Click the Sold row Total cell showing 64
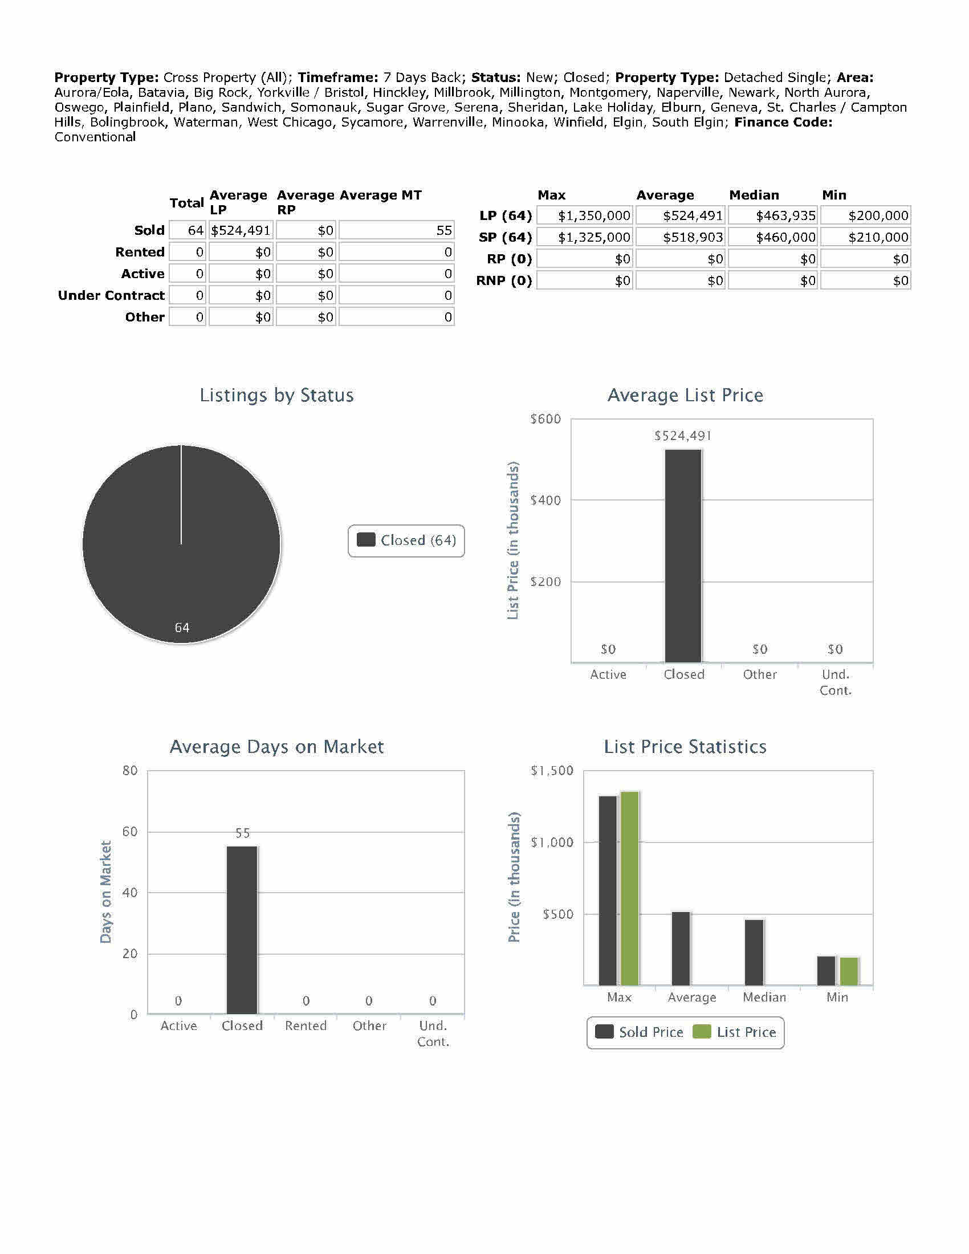coord(188,230)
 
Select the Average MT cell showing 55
coord(396,230)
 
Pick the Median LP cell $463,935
coord(773,216)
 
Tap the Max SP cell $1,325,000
coord(584,237)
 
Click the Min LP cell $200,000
coord(865,216)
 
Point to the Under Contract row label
coord(111,296)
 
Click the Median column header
coord(754,195)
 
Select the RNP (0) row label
coord(504,281)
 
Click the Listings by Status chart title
coord(276,395)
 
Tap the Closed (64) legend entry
coord(406,540)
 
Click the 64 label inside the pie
coord(182,628)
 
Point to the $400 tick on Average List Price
coord(545,500)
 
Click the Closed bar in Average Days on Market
coord(242,930)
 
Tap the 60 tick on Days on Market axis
coord(131,832)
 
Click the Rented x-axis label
coord(306,1026)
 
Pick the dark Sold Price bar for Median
coord(754,952)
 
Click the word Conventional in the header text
coord(95,137)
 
